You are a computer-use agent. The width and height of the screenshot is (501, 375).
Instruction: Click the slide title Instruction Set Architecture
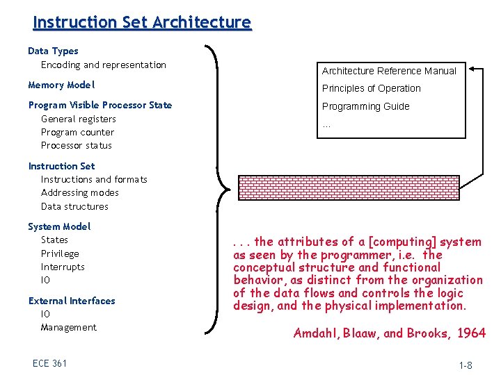coord(142,22)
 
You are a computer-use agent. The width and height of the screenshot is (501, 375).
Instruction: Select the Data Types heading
coord(53,51)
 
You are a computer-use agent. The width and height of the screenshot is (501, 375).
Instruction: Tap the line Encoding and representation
coord(104,65)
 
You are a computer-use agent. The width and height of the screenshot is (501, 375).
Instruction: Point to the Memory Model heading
coord(61,85)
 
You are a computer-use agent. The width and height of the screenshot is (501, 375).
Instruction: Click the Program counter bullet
coord(77,132)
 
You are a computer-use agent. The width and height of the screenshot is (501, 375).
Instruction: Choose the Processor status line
coord(77,145)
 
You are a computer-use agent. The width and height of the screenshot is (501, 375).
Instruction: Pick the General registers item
coord(79,119)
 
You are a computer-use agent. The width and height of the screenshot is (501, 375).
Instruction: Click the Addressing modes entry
coord(80,192)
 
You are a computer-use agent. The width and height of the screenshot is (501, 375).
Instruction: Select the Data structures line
coord(74,206)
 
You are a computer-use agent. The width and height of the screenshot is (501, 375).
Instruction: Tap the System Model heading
coord(59,226)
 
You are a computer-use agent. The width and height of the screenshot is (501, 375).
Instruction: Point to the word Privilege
coord(60,253)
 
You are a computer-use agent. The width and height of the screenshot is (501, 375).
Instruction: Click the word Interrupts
coord(63,267)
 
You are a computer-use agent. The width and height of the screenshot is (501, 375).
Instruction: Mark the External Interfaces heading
coord(72,301)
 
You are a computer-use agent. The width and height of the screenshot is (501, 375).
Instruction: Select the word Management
coord(69,327)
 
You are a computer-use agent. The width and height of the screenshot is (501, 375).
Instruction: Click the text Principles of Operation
coord(371,88)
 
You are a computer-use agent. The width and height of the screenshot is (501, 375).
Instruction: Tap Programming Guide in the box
coord(365,106)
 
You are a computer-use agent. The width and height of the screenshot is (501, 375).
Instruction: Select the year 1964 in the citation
coord(472,333)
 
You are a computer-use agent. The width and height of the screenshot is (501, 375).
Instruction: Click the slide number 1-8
coord(466,365)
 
